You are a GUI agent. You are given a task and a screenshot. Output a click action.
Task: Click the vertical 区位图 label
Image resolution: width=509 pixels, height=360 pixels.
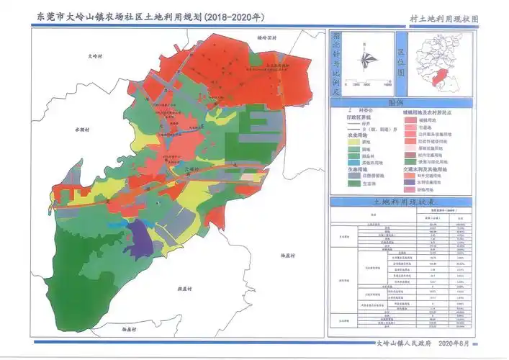click(x=401, y=63)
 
